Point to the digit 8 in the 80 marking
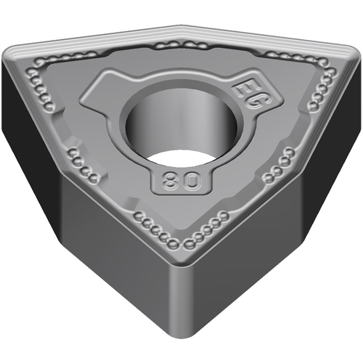tap(171, 180)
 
